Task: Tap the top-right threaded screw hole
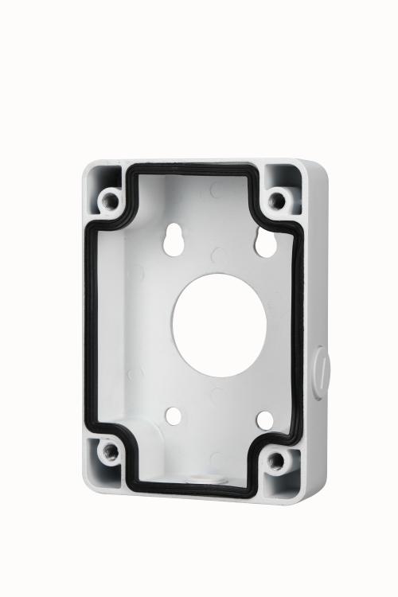click(x=276, y=200)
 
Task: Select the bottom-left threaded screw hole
click(x=111, y=452)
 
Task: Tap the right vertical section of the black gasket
click(x=299, y=334)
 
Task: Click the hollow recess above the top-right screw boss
click(x=283, y=177)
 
